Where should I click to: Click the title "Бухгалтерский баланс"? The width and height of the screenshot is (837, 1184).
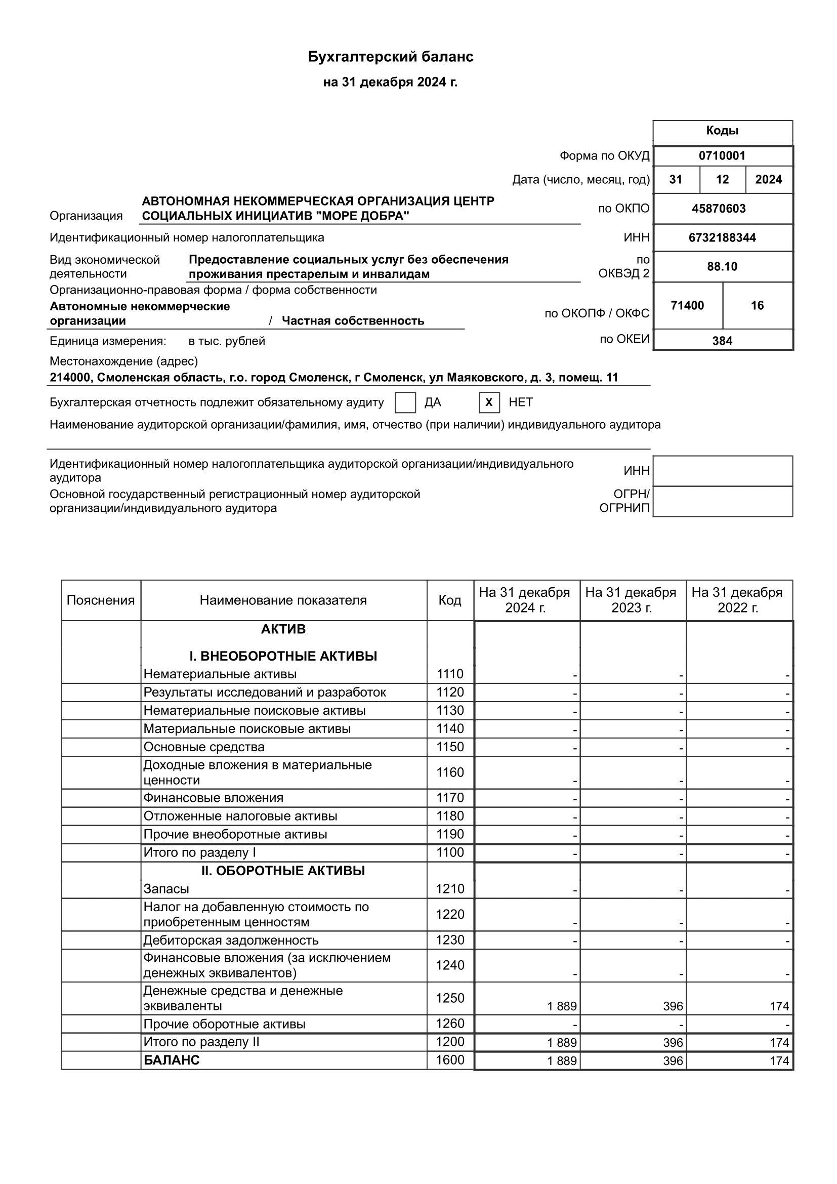point(390,57)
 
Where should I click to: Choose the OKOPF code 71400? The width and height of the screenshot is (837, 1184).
point(687,305)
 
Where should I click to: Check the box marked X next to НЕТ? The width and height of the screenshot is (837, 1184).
point(489,402)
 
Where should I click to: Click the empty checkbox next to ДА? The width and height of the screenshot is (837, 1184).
point(405,402)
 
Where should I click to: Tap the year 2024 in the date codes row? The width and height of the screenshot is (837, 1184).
point(768,180)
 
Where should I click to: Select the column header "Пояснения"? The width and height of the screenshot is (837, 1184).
point(101,600)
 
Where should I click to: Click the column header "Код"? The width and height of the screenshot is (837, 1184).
point(449,600)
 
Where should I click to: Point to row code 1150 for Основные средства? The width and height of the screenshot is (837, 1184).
point(450,747)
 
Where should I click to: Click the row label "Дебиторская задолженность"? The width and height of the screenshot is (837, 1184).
point(231,940)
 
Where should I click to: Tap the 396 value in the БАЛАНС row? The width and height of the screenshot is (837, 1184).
point(673,1061)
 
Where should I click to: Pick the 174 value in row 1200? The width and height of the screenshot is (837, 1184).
point(779,1043)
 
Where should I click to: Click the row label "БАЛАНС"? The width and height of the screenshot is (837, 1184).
point(171,1060)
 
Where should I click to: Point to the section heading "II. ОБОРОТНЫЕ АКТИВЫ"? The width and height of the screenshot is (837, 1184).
point(283,871)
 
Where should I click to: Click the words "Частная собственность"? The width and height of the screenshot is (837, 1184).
point(353,321)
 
